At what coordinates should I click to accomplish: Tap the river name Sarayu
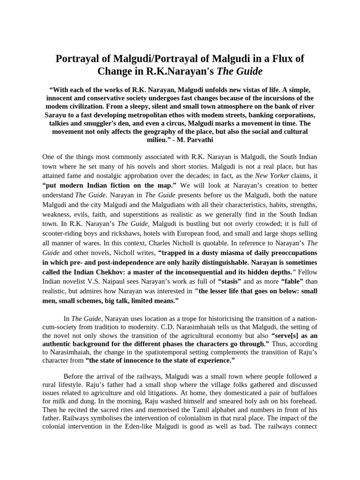(57, 115)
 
